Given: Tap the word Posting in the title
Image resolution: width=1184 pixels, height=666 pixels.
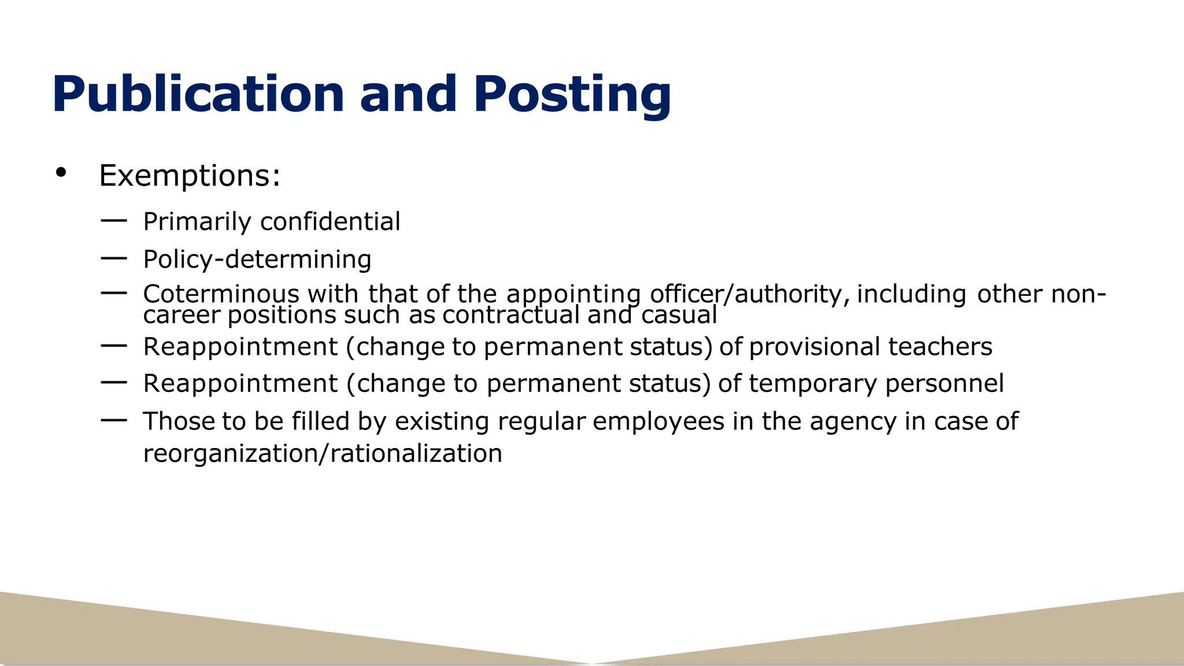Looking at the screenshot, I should coord(572,94).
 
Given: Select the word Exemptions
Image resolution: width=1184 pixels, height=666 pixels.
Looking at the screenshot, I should coord(190,175).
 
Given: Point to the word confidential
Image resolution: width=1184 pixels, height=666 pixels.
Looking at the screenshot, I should coord(330,221).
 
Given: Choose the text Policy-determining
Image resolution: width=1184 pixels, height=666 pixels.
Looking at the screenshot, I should coord(257,259).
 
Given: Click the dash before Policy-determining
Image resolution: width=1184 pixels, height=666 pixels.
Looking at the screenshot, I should coord(113,258).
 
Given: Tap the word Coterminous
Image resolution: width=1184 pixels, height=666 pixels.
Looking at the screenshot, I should coord(221,294).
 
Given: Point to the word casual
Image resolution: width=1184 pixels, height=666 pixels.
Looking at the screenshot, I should coord(679,315).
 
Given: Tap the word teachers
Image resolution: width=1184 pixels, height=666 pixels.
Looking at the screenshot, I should coord(940,347).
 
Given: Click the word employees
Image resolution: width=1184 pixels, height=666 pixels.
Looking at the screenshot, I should coord(658,421).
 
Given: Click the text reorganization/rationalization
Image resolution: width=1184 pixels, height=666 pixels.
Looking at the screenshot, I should coord(323,454).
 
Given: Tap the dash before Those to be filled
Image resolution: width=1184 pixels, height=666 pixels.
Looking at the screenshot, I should coord(113,420).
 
